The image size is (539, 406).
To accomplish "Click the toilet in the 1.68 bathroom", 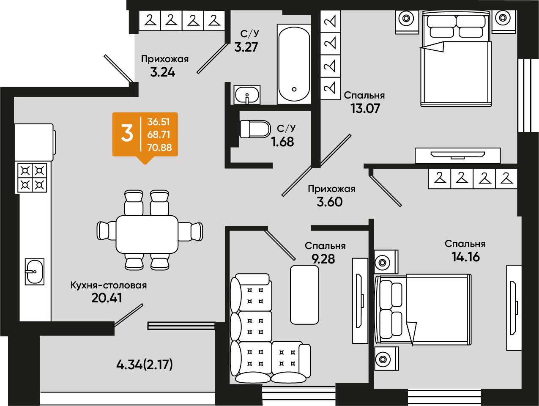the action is click(x=255, y=129).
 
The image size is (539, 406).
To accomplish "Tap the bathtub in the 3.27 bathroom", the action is click(x=294, y=64).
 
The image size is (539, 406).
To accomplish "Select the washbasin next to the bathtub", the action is click(x=247, y=95).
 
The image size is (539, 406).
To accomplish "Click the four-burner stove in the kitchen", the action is click(x=33, y=178).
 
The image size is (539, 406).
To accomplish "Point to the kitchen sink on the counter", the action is click(x=35, y=272).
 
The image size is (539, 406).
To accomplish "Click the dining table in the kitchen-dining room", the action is click(x=147, y=234).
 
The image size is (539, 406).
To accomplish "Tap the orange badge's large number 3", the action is click(x=127, y=133).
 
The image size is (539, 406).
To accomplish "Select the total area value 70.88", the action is click(x=159, y=148).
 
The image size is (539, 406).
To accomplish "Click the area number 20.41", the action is click(x=107, y=298).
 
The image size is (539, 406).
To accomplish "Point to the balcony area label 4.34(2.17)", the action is click(x=145, y=365).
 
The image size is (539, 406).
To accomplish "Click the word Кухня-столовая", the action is click(x=109, y=285).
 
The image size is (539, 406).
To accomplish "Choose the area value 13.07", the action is click(x=365, y=108).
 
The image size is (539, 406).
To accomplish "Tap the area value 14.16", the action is click(x=465, y=257).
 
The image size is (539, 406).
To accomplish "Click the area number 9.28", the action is click(x=323, y=259).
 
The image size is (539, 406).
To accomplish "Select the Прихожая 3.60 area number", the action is click(x=330, y=202).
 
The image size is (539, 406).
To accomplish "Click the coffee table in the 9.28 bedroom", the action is click(x=304, y=295).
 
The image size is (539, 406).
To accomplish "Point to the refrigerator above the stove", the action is click(x=35, y=143).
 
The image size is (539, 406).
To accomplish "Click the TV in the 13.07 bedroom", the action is click(x=458, y=155).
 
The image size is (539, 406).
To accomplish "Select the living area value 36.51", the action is click(x=159, y=122).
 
